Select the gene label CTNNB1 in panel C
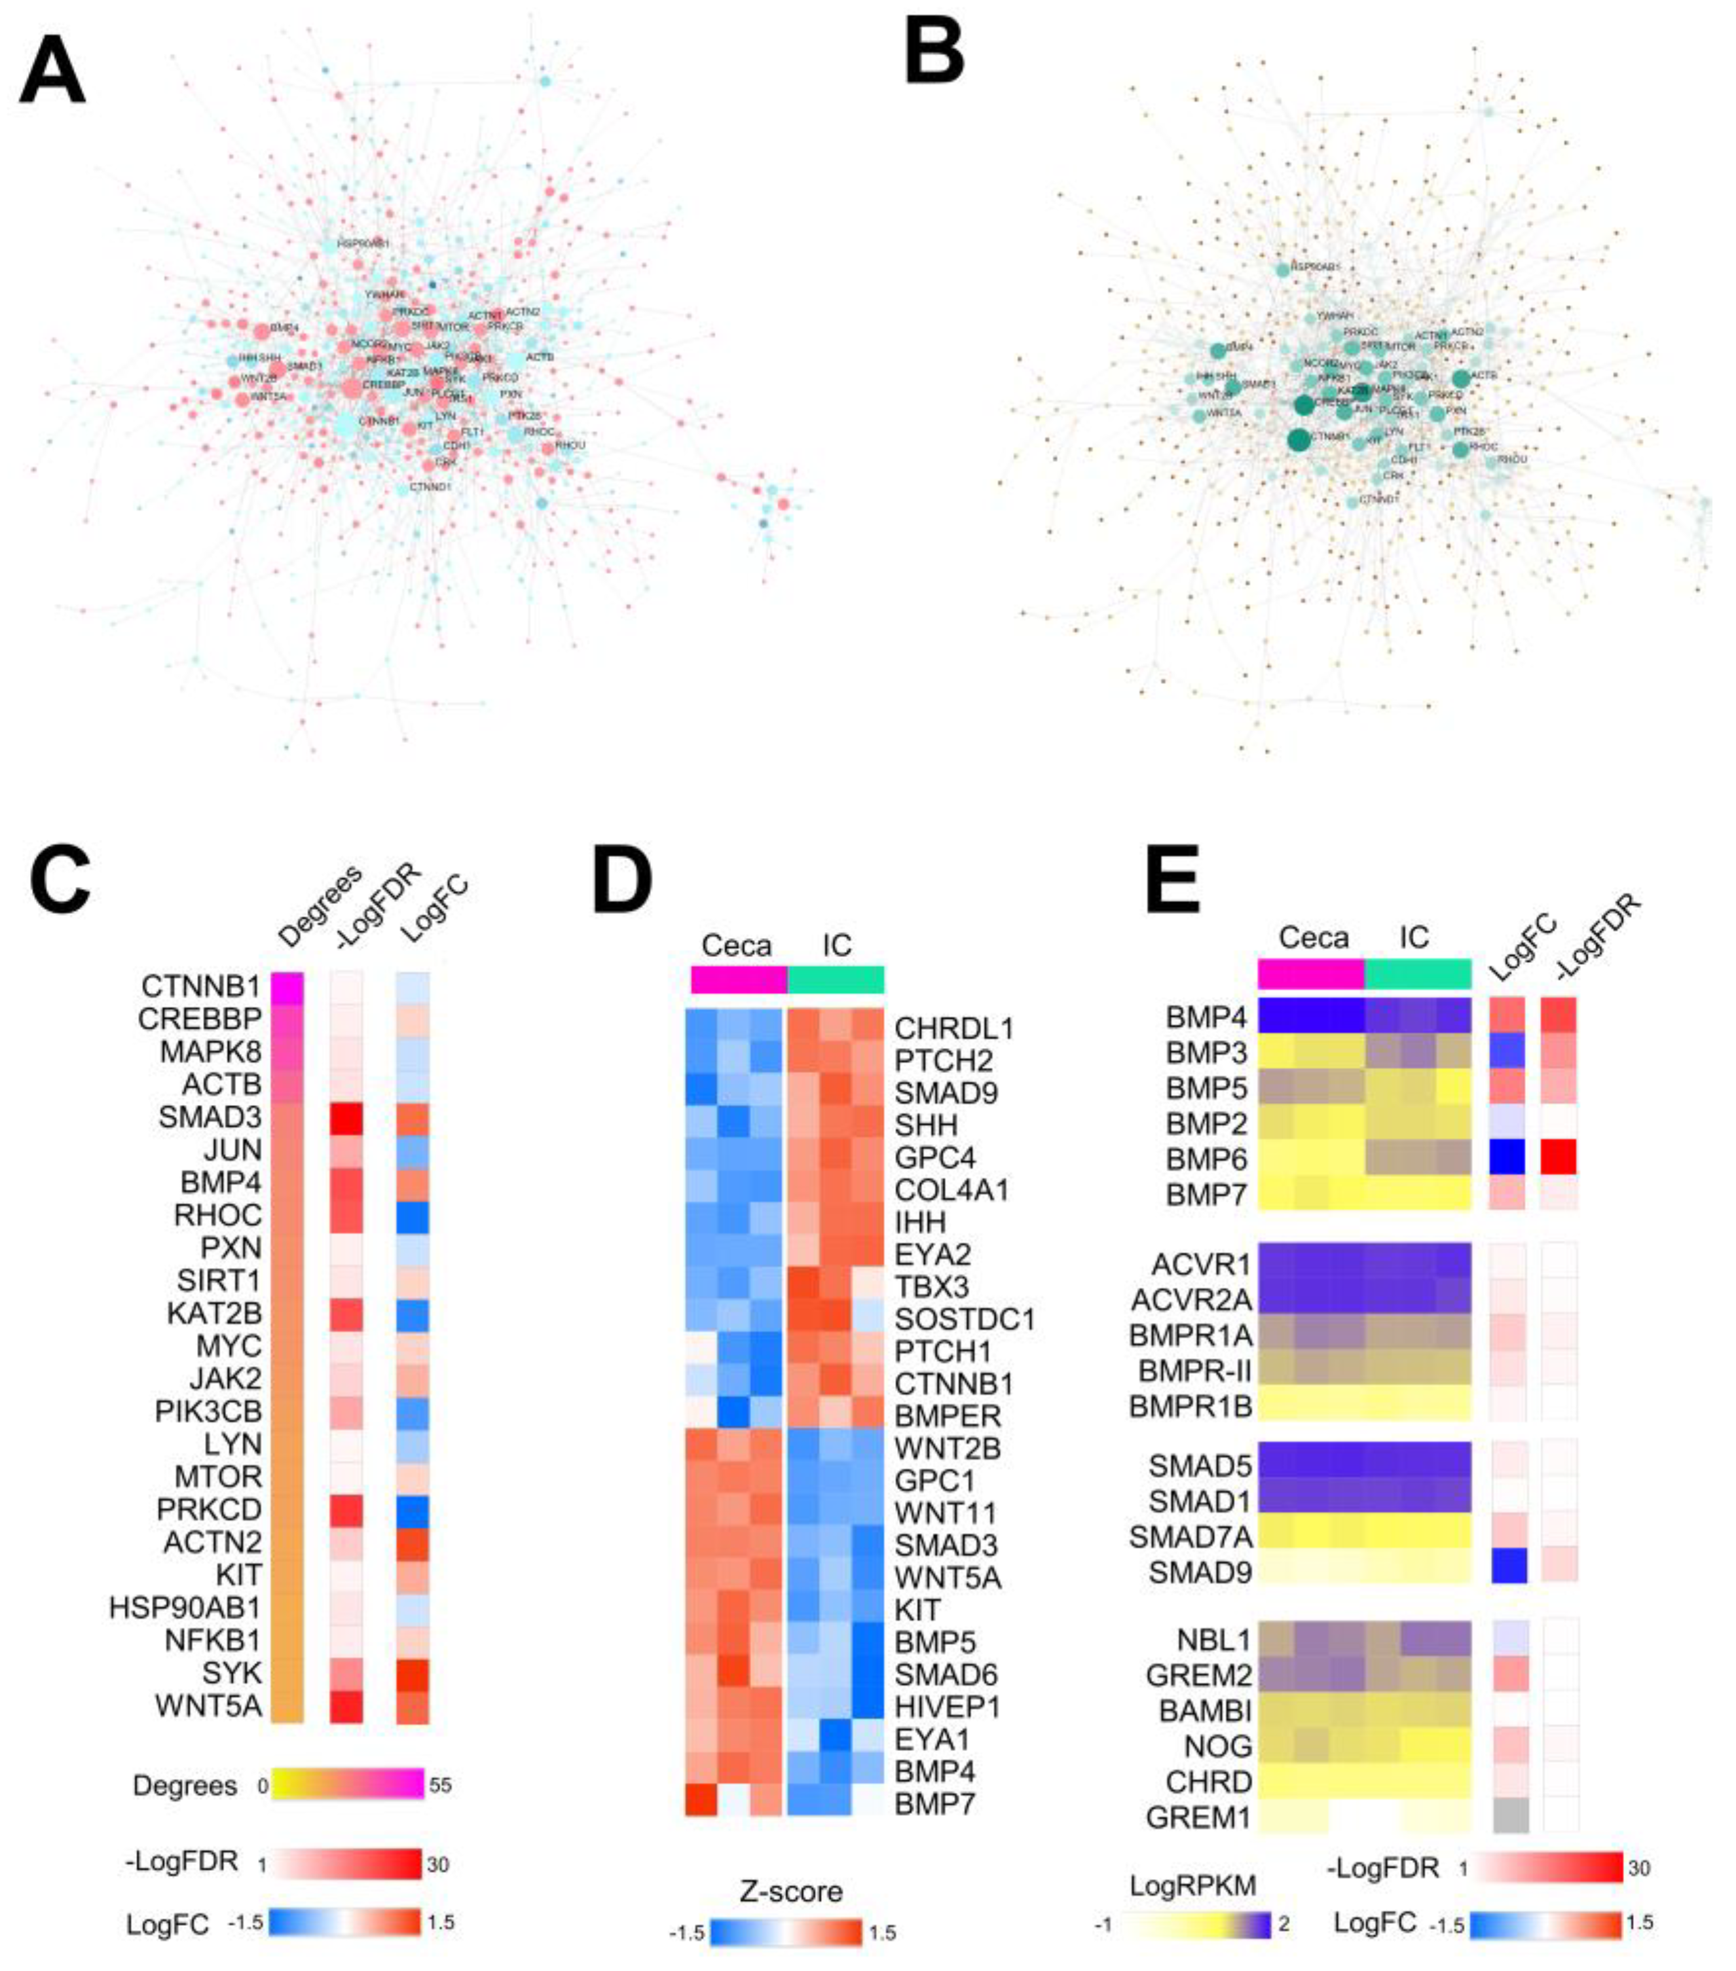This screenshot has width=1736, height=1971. tap(200, 986)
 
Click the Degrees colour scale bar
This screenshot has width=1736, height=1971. tap(347, 1784)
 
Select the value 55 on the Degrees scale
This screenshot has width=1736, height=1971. tap(440, 1785)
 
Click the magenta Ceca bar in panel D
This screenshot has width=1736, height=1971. tap(739, 980)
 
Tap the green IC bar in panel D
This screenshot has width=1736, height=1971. tap(835, 980)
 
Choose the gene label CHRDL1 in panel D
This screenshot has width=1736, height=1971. tap(953, 1029)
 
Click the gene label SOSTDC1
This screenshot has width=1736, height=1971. tap(963, 1318)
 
